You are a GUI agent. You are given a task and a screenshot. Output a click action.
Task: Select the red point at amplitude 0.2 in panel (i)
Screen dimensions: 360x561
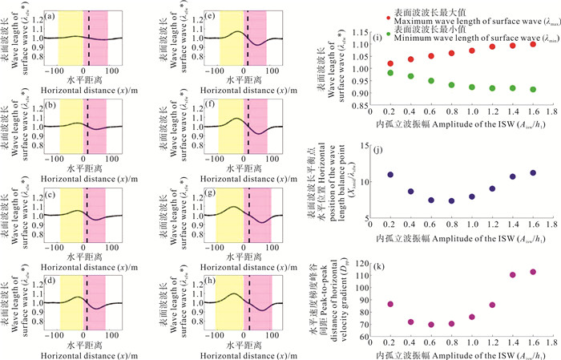(x=390, y=63)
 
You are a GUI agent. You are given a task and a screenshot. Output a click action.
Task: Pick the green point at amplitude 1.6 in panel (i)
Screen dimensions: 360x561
(x=533, y=89)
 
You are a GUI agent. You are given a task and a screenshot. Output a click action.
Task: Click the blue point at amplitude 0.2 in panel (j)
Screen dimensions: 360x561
(x=390, y=175)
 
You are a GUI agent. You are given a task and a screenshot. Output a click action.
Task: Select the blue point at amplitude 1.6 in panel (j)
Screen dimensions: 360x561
(x=533, y=172)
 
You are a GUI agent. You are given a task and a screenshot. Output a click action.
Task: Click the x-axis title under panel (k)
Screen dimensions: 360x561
(x=462, y=350)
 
